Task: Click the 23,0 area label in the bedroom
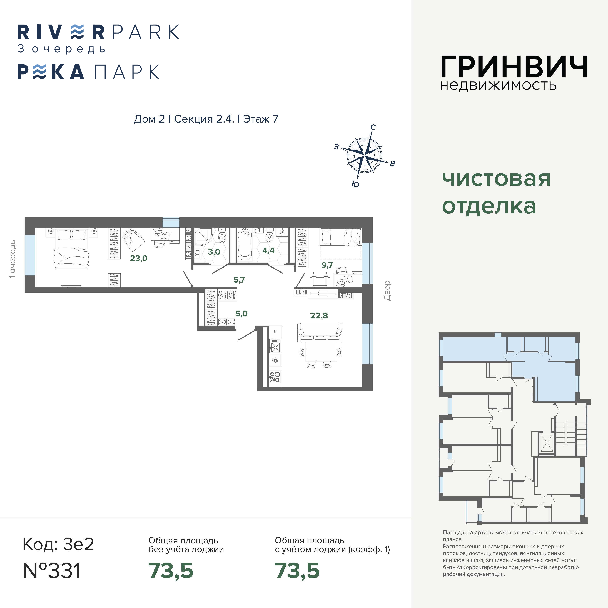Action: (139, 258)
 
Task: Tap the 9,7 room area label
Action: (327, 265)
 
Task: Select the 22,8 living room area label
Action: (319, 315)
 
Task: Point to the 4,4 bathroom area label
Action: (268, 250)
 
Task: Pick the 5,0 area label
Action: (241, 313)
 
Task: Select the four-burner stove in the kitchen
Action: (275, 377)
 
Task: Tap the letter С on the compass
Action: (373, 127)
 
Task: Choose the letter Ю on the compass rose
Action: (355, 184)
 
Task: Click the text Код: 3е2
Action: (58, 544)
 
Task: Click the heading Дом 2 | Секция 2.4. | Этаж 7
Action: (206, 119)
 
